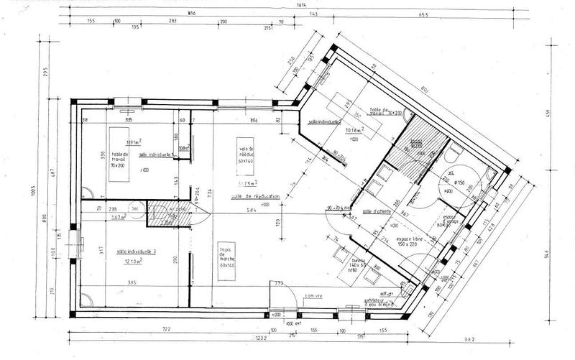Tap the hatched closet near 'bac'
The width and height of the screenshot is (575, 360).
click(162, 213)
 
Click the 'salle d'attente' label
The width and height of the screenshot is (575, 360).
click(377, 211)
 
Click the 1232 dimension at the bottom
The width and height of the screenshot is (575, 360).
click(241, 338)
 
